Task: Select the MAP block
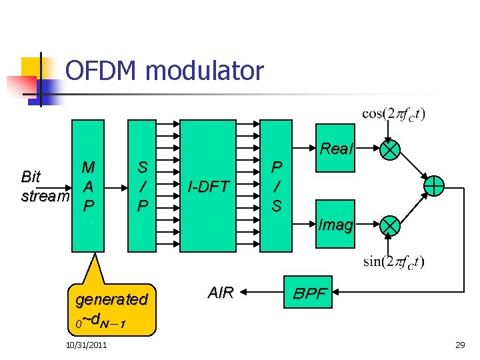pyautogui.click(x=87, y=186)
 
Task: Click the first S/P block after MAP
pyautogui.click(x=142, y=186)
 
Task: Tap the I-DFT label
pyautogui.click(x=208, y=187)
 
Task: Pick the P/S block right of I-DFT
pyautogui.click(x=276, y=186)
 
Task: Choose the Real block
pyautogui.click(x=335, y=149)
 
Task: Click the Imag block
pyautogui.click(x=335, y=225)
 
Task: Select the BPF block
pyautogui.click(x=311, y=292)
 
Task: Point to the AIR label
pyautogui.click(x=221, y=292)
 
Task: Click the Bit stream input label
pyautogui.click(x=44, y=187)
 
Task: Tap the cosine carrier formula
pyautogui.click(x=393, y=113)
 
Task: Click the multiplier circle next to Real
pyautogui.click(x=389, y=149)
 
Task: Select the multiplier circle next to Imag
pyautogui.click(x=389, y=226)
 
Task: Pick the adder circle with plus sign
pyautogui.click(x=434, y=186)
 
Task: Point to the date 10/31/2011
pyautogui.click(x=87, y=344)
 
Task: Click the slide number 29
pyautogui.click(x=459, y=344)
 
